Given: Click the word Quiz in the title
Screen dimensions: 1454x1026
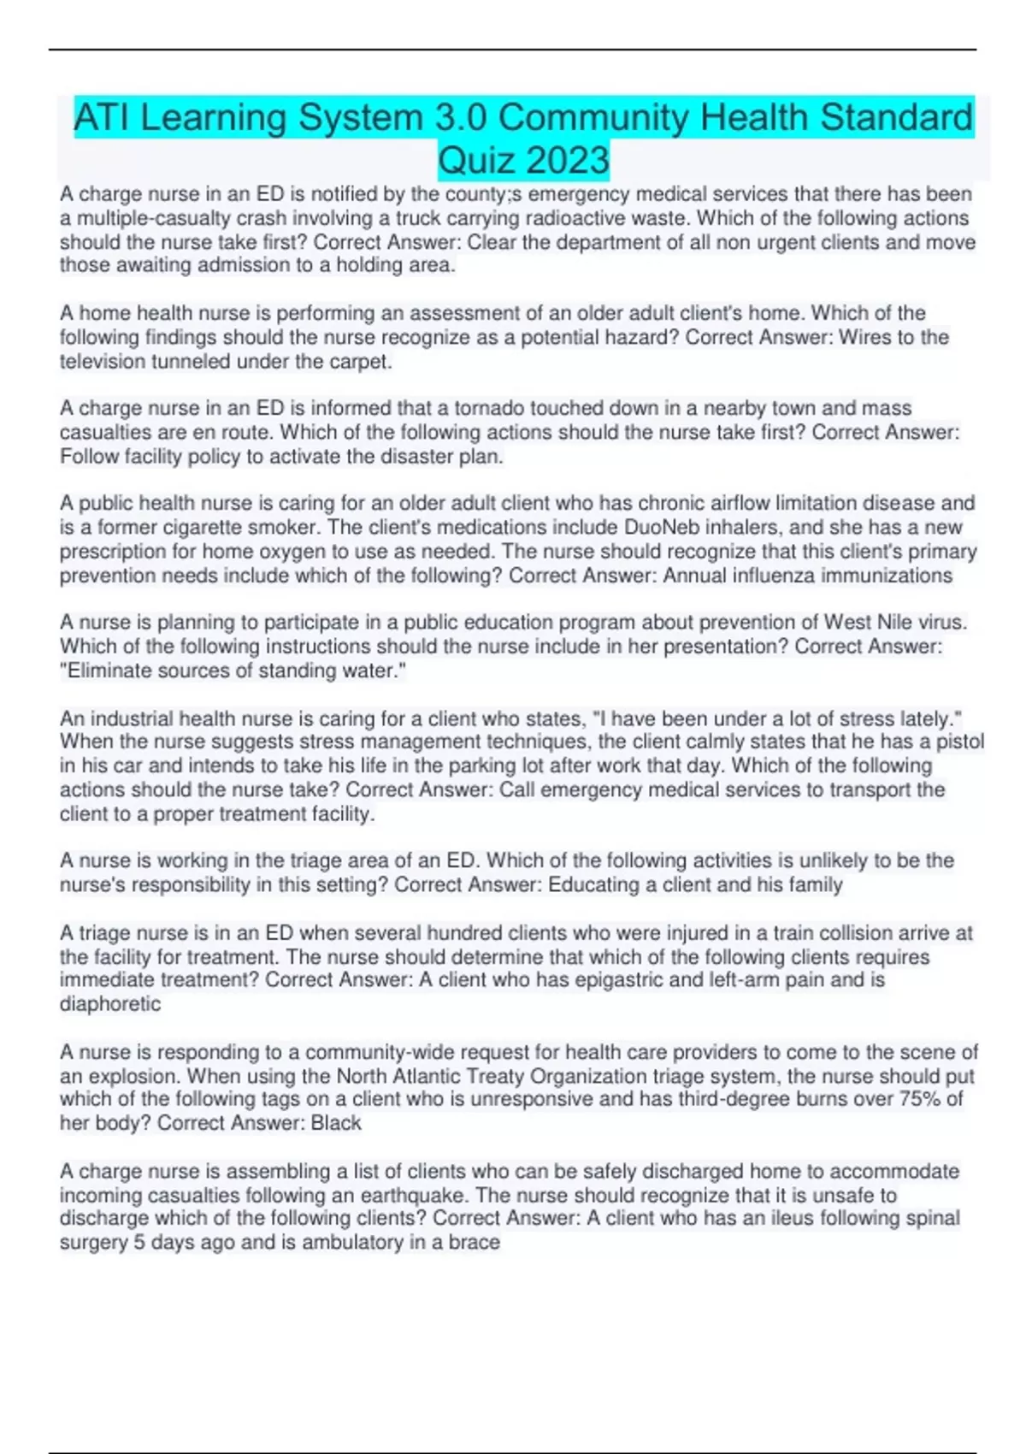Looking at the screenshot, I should [x=477, y=160].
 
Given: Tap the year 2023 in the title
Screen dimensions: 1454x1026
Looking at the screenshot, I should [x=568, y=160].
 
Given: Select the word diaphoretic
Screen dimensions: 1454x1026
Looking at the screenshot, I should [x=110, y=1004].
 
